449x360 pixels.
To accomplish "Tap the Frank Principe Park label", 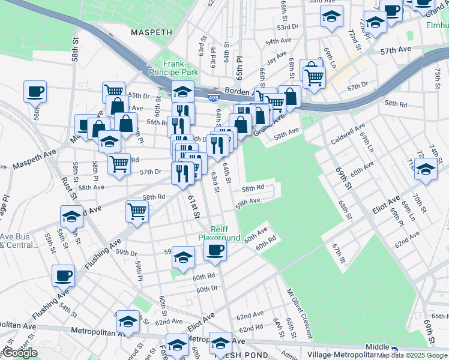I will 181,68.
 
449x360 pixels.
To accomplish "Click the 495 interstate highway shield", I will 213,96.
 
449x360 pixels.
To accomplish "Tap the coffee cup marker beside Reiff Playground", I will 215,250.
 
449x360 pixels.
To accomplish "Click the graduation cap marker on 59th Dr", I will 184,257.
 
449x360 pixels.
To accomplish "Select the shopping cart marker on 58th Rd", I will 137,211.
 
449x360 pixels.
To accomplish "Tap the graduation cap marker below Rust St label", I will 71,216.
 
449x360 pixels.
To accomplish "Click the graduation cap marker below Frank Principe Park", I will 182,92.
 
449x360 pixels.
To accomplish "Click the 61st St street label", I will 194,207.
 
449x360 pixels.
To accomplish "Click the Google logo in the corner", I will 20,353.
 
